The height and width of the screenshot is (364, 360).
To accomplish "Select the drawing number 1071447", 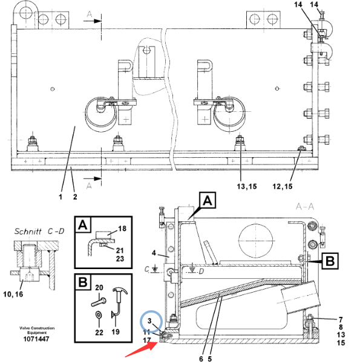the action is tap(36, 339).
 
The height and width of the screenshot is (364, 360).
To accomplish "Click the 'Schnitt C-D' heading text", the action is tap(39, 231).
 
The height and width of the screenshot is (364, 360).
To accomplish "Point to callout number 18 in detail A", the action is tap(122, 229).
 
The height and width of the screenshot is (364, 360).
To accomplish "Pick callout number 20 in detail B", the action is tap(99, 288).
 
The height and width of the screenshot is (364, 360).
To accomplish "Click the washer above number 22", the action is tap(99, 315).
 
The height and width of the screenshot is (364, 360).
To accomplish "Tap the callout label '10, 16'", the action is tap(13, 294).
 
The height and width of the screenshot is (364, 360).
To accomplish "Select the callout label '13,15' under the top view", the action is tap(247, 186).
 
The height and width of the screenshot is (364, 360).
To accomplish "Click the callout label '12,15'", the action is tap(283, 186).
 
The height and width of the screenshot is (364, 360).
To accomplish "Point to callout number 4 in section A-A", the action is tap(154, 253).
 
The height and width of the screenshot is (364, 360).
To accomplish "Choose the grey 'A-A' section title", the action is tap(305, 206).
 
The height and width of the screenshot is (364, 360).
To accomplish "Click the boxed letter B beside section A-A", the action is tap(330, 261).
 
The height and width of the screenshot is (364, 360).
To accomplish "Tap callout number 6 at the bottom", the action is tap(201, 359).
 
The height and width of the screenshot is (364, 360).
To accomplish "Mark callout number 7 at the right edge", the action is tap(341, 320).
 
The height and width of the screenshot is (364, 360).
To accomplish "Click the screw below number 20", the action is tap(99, 302).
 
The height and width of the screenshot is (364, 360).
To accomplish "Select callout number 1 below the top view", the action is tap(61, 197).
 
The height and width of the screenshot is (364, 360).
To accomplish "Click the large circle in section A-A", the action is tap(256, 241).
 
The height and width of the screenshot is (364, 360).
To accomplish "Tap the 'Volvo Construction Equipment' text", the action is tap(37, 330).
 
